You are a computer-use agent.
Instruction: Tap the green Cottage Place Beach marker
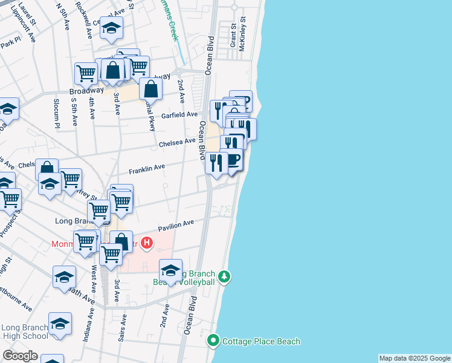(213, 341)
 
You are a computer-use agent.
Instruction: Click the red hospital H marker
(147, 244)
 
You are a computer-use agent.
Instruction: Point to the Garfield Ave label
(179, 114)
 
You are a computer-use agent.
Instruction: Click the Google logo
(20, 356)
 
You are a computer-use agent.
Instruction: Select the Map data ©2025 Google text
(415, 358)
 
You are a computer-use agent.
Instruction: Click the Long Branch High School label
(25, 332)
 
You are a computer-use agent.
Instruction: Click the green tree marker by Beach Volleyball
(225, 277)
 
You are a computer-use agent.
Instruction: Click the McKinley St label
(242, 34)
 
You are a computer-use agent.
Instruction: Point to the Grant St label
(232, 36)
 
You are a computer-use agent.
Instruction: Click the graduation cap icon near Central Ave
(111, 28)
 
